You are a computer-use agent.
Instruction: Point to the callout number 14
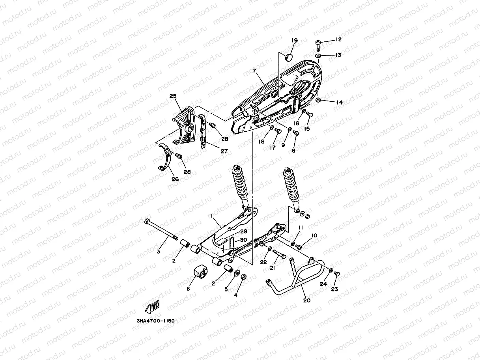(x=339, y=103)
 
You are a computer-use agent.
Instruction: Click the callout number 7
(x=254, y=71)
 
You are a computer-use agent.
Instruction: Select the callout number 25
(x=172, y=96)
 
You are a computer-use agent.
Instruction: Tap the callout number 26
(x=175, y=179)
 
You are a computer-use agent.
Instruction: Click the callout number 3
(x=159, y=252)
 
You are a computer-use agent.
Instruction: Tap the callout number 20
(x=307, y=300)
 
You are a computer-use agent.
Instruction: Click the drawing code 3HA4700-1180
(x=153, y=321)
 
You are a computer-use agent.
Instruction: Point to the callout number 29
(x=243, y=231)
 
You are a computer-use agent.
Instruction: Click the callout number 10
(x=314, y=236)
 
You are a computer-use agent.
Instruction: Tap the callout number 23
(x=334, y=289)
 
